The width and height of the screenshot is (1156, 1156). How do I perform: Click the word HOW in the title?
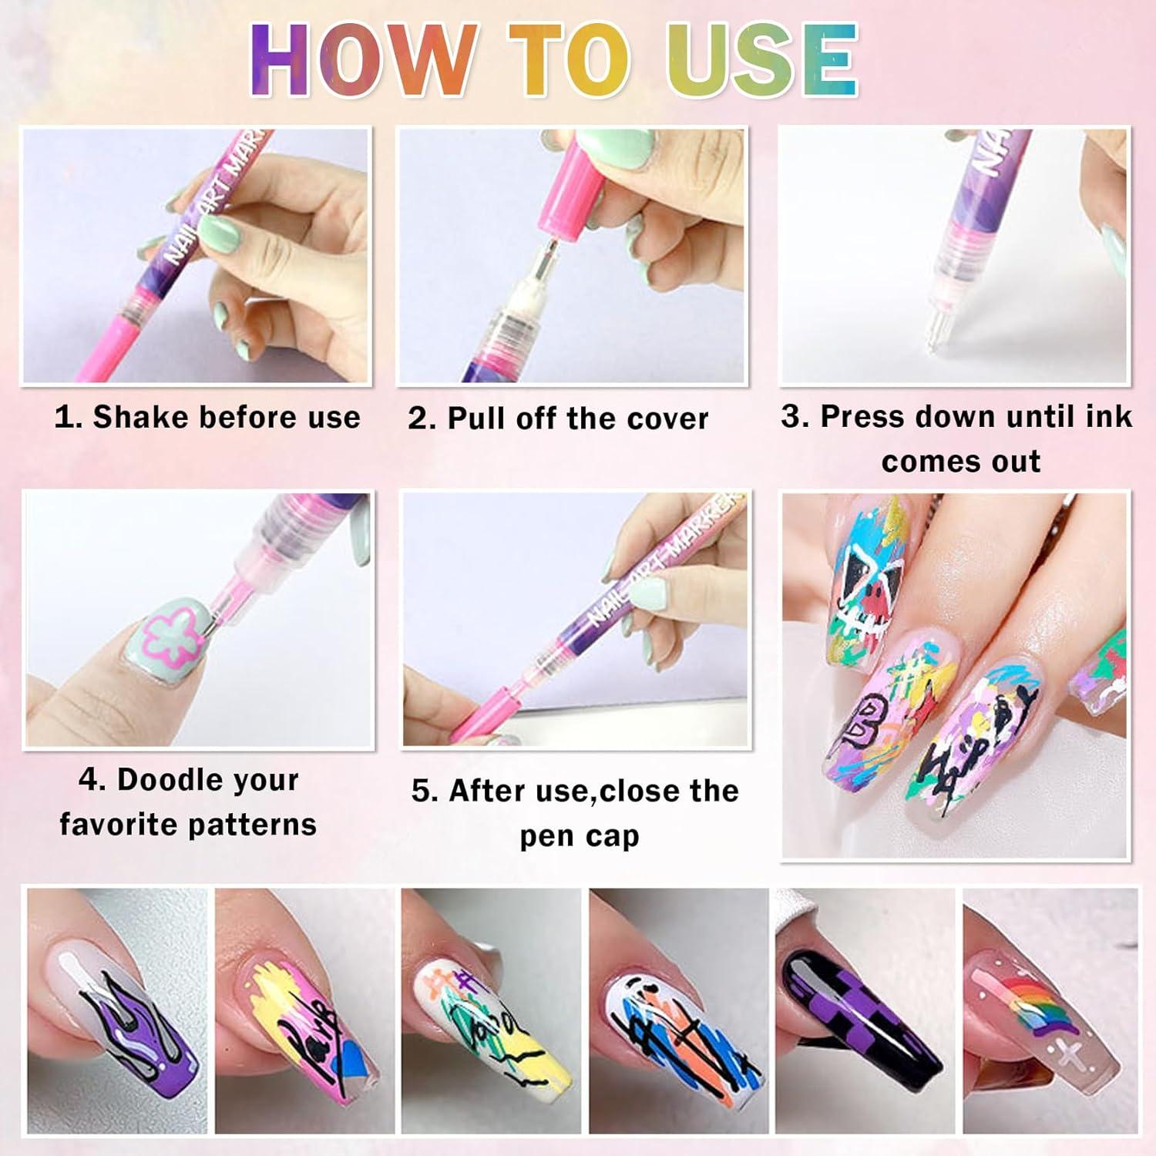pyautogui.click(x=362, y=60)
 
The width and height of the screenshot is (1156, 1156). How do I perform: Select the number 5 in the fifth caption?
pyautogui.click(x=422, y=791)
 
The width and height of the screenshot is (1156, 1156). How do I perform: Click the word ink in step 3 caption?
pyautogui.click(x=1108, y=416)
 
